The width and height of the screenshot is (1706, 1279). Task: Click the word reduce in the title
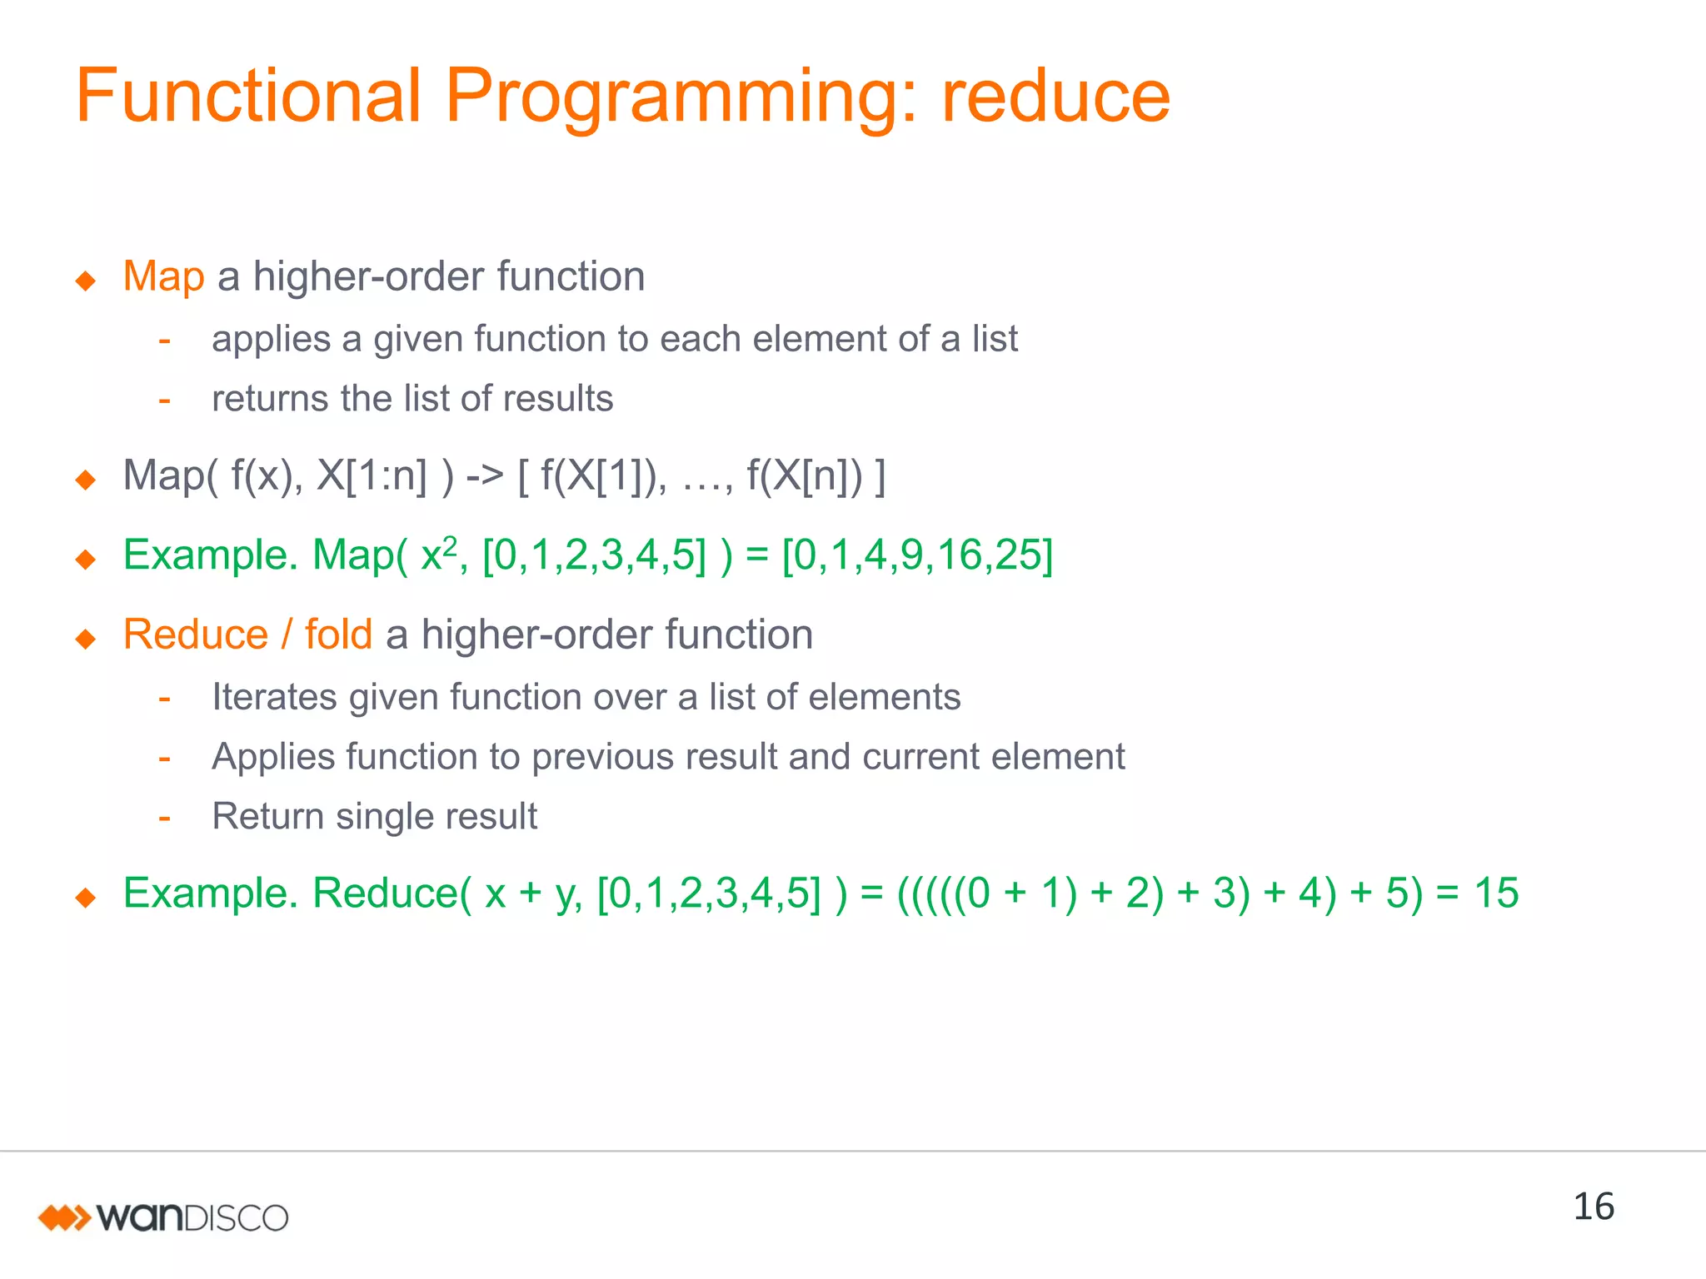click(x=1055, y=96)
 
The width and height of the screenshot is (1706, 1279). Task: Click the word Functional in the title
click(x=248, y=96)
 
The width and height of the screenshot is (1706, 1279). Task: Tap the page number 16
click(x=1593, y=1207)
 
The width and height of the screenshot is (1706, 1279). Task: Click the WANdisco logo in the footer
click(x=163, y=1217)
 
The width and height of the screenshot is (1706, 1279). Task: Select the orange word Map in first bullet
click(x=163, y=276)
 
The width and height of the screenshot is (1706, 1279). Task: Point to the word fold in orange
click(x=338, y=635)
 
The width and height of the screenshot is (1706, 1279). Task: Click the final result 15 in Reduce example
click(x=1496, y=893)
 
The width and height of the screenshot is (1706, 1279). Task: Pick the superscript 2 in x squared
click(x=450, y=545)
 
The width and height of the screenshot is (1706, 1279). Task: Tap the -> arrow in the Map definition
click(x=485, y=476)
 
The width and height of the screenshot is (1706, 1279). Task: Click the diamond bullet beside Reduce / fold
click(x=86, y=639)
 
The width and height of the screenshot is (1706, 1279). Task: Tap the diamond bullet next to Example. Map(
click(x=86, y=559)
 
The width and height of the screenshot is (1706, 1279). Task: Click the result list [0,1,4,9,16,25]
click(x=917, y=555)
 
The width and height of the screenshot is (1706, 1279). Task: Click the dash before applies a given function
click(x=165, y=340)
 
